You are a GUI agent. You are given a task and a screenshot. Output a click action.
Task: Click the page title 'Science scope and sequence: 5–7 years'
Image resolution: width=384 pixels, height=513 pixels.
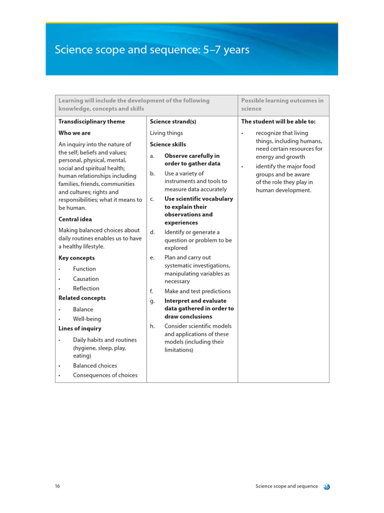pos(152,50)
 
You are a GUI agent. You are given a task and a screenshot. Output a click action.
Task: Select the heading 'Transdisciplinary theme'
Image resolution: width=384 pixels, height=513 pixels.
pos(91,122)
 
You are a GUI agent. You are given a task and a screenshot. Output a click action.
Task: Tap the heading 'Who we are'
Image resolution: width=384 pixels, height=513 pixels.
pos(74,133)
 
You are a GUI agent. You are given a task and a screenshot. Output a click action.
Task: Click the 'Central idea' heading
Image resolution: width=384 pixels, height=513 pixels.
pos(75,219)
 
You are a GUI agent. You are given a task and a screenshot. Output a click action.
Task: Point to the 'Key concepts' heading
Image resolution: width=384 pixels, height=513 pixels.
pos(76,258)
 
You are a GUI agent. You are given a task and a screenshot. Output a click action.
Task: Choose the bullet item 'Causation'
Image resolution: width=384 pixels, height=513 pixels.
pos(85,279)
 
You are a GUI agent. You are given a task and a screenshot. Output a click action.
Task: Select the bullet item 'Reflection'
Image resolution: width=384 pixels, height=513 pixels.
pos(86,289)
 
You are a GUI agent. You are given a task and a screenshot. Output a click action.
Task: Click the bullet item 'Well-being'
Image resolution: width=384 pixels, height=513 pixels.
pos(86,319)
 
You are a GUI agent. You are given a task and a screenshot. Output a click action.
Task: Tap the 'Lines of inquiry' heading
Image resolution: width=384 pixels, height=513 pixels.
pos(79,329)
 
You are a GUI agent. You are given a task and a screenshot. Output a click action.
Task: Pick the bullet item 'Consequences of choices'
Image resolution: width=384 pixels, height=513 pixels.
pos(105,375)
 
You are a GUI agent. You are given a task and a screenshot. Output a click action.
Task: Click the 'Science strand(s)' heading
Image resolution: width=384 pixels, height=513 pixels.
pos(173,122)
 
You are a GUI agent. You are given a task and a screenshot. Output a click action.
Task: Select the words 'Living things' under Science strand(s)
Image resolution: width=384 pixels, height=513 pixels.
pos(166,133)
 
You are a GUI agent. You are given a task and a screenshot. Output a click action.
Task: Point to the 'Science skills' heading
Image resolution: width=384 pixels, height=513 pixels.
pos(168,145)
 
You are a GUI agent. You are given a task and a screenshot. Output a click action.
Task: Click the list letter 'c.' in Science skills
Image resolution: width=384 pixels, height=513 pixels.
pos(152,199)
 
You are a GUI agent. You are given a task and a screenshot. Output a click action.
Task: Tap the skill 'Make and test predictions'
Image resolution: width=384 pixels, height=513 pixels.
pos(197,292)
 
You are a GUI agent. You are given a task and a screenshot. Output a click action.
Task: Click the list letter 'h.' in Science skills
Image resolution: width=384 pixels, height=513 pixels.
pos(152,326)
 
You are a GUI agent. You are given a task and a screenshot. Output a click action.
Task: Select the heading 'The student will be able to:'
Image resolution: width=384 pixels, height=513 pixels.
pos(278,122)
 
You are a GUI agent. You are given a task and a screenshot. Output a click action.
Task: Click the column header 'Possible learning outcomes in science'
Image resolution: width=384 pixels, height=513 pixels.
pos(282,105)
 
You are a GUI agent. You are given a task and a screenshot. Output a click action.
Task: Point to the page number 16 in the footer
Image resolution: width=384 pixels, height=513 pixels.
pos(57,486)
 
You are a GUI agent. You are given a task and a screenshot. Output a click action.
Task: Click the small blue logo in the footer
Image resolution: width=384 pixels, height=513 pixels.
pos(326,486)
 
